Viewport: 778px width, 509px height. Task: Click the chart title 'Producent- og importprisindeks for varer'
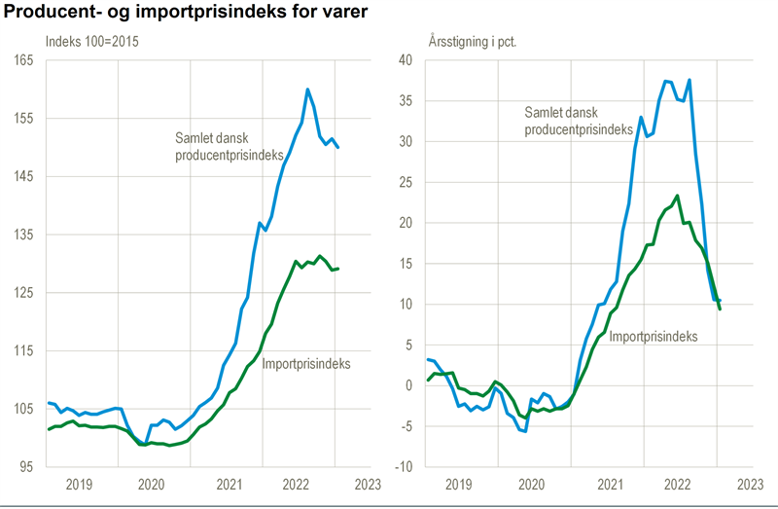[186, 13]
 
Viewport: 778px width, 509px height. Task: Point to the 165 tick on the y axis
[22, 60]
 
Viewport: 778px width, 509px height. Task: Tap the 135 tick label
[22, 235]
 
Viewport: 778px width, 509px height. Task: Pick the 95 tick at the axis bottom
[25, 467]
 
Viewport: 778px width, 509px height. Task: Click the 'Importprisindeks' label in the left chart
[306, 364]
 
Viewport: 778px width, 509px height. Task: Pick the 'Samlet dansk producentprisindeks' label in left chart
[230, 146]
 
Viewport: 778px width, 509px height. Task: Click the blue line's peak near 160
[307, 90]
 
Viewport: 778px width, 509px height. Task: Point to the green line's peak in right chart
[677, 196]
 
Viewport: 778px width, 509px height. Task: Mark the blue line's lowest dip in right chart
[525, 431]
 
